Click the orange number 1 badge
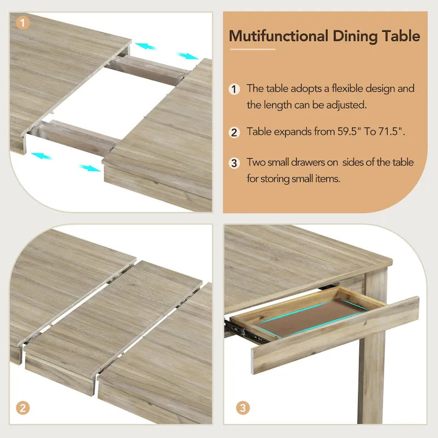tap(22, 23)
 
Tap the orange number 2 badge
tap(22, 407)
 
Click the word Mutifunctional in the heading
tap(278, 37)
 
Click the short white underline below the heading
tap(252, 49)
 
